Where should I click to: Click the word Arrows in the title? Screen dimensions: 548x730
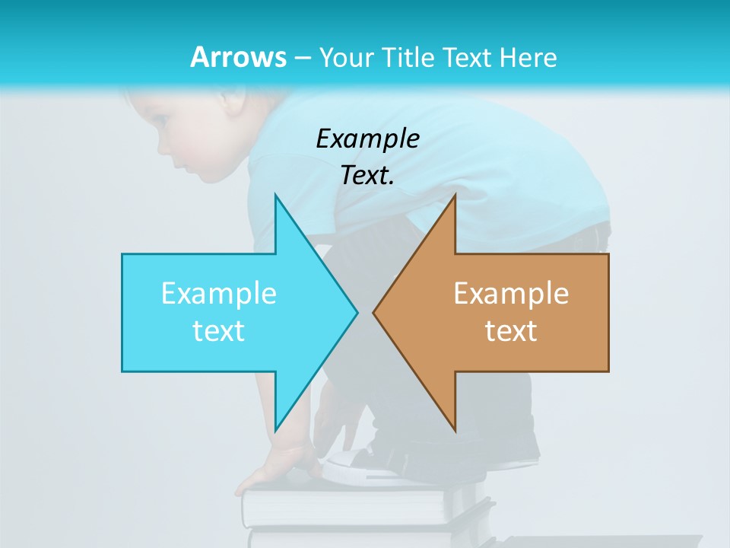click(238, 57)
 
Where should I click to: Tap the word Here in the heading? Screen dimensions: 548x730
click(528, 57)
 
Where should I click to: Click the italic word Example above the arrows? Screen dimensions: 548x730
click(367, 139)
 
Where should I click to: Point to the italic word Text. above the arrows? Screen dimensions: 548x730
click(367, 176)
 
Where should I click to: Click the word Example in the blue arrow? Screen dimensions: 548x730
click(219, 294)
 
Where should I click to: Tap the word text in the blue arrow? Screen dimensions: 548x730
click(219, 331)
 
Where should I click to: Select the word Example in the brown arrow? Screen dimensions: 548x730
click(511, 294)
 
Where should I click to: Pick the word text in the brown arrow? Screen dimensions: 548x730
click(511, 331)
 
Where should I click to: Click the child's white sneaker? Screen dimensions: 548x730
click(357, 464)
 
